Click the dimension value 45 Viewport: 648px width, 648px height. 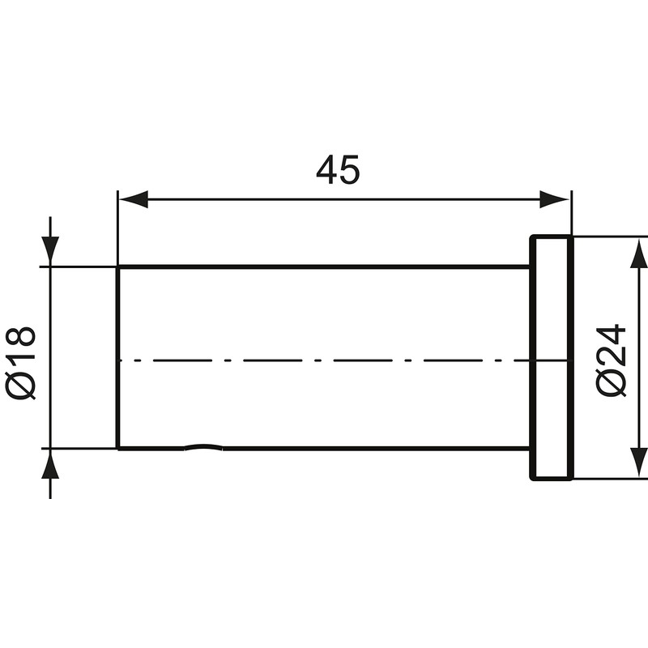[337, 170]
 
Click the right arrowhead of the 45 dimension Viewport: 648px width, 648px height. [556, 199]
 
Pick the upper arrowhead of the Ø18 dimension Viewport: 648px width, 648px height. [50, 250]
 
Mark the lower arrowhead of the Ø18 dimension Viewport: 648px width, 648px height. [50, 464]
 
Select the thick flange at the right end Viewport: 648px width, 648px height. [552, 357]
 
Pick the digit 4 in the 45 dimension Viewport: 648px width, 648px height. [326, 170]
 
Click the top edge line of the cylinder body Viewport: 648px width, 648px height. [324, 266]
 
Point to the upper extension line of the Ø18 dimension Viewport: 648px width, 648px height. [81, 266]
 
